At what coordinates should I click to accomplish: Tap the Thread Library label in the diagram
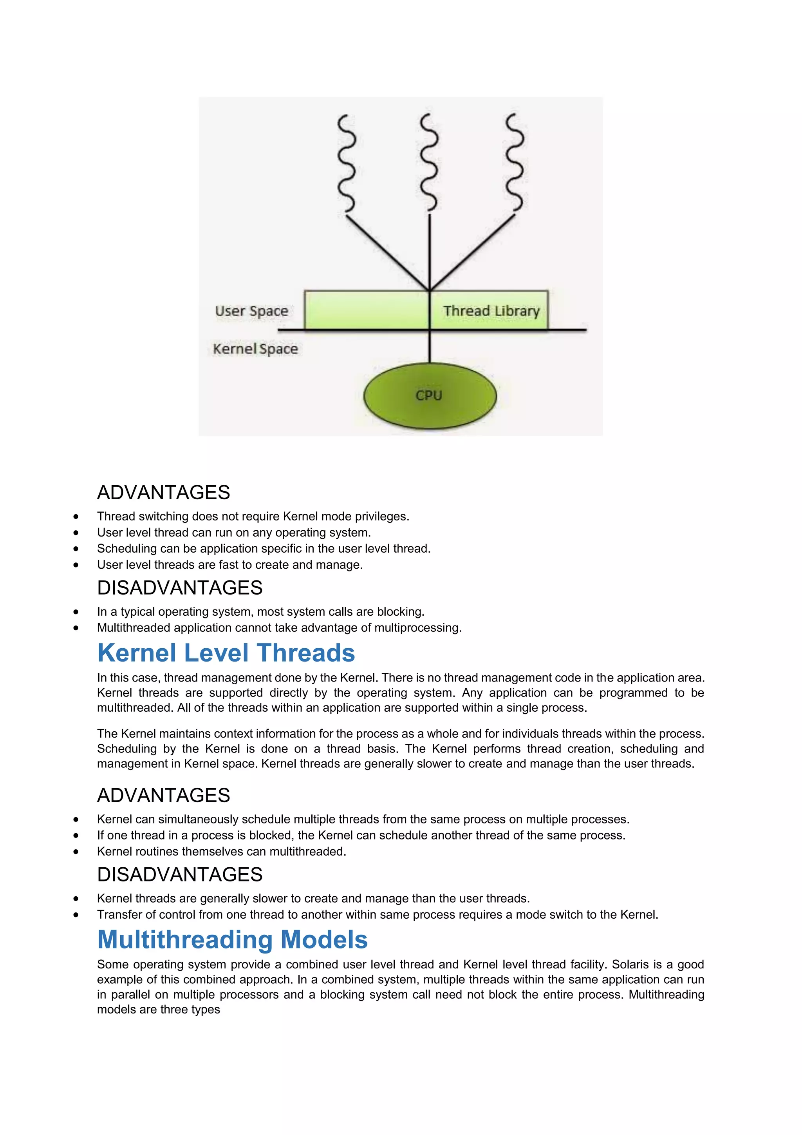tap(491, 311)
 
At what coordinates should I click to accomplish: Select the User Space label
tap(251, 311)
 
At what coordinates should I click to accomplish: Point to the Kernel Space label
tap(255, 349)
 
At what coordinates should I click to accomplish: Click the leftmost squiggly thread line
tap(346, 163)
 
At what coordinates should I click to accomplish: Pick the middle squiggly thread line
tap(429, 163)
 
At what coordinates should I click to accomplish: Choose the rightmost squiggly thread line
tap(514, 163)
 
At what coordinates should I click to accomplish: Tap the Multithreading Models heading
tap(232, 939)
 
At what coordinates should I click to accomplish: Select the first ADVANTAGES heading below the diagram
tap(163, 492)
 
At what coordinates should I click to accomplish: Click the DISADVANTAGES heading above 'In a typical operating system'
tap(180, 588)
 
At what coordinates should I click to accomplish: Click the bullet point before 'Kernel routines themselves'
tap(76, 852)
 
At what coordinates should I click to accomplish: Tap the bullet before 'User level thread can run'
tap(76, 533)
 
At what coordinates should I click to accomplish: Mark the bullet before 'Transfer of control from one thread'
tap(76, 915)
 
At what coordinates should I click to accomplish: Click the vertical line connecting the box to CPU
tap(430, 346)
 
